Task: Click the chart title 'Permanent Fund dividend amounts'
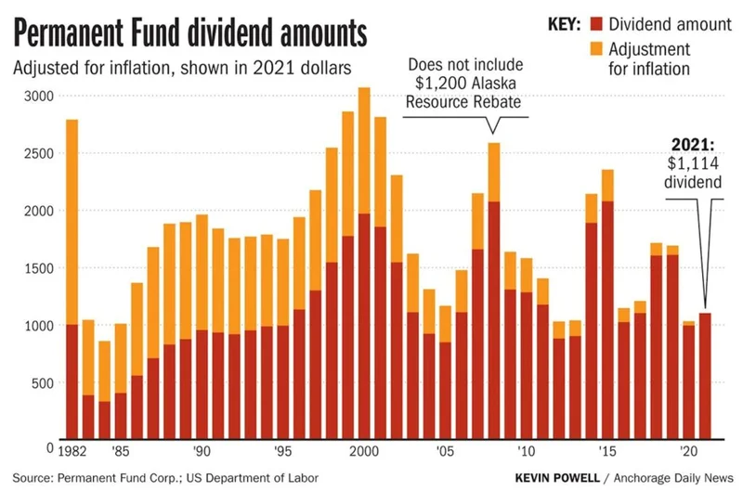pyautogui.click(x=190, y=34)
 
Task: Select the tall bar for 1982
pyautogui.click(x=72, y=278)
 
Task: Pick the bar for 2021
pyautogui.click(x=704, y=376)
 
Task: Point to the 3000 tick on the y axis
pyautogui.click(x=37, y=96)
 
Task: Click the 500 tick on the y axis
pyautogui.click(x=41, y=382)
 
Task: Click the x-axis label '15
pyautogui.click(x=606, y=453)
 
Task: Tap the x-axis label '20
pyautogui.click(x=688, y=453)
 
